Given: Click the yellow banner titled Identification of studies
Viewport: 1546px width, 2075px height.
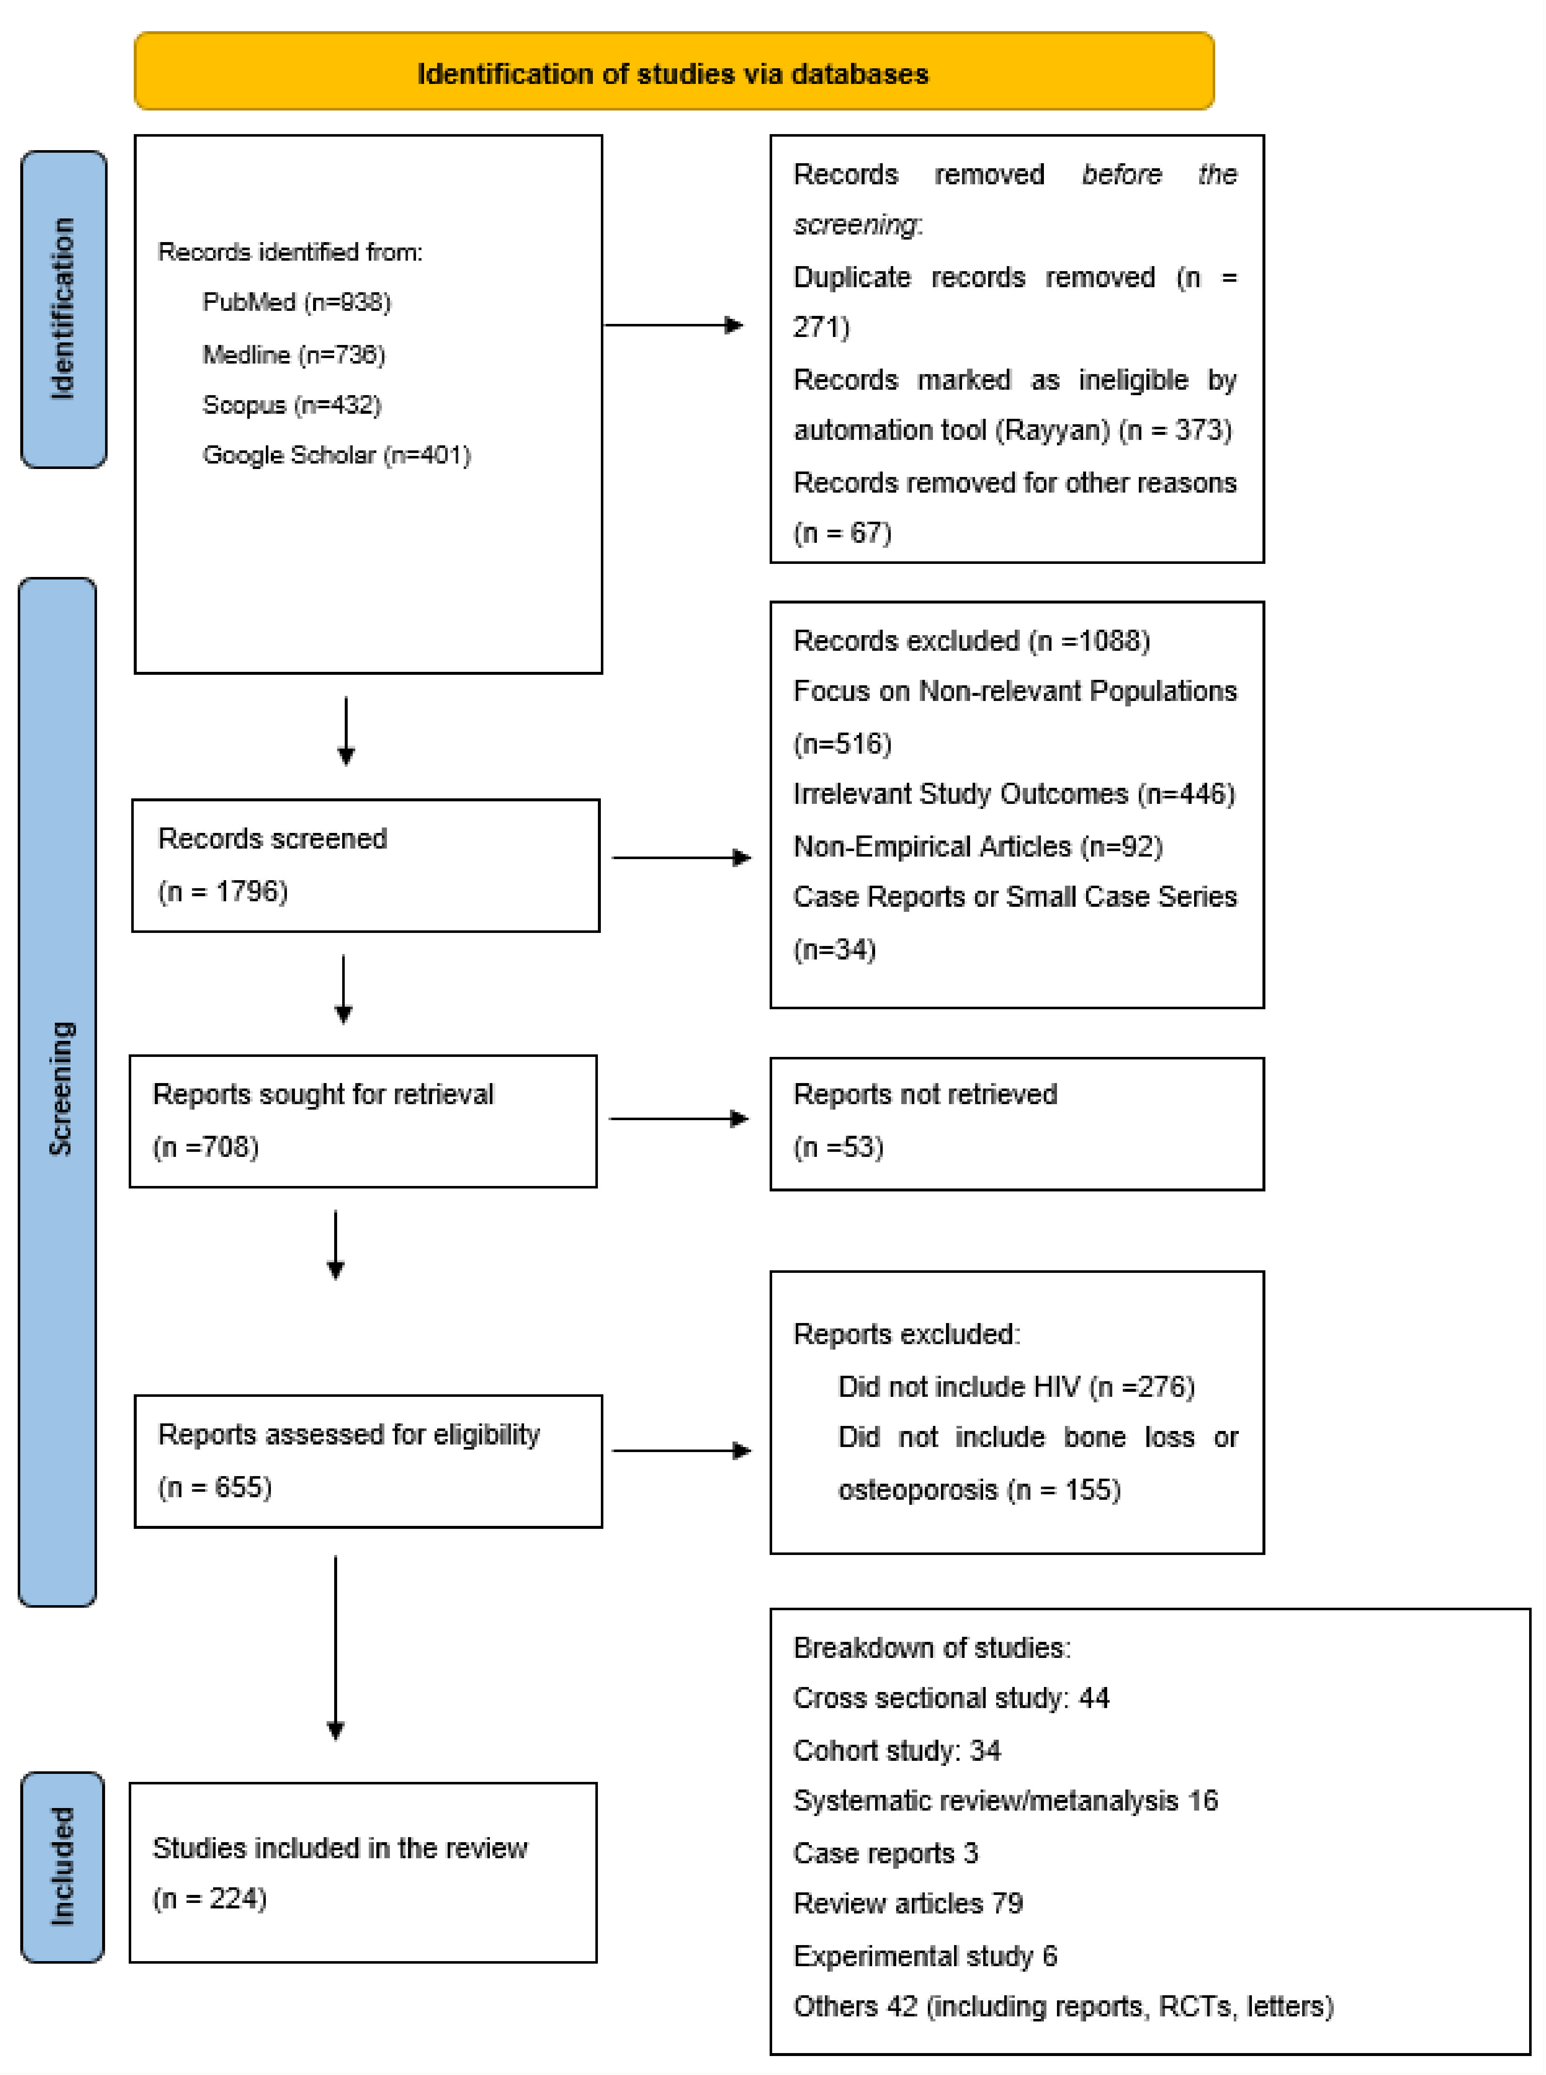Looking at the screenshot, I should (x=674, y=72).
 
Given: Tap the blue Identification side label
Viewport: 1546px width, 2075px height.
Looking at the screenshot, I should (x=63, y=309).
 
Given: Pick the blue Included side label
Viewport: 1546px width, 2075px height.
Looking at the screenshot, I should (x=62, y=1866).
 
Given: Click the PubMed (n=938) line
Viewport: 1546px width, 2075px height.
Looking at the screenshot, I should (x=297, y=302).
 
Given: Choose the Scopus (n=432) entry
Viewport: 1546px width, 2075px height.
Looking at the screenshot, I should (x=292, y=405).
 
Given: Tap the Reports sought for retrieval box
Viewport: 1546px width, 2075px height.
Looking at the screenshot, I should (x=363, y=1121).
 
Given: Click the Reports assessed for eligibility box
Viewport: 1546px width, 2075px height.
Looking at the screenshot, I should (x=368, y=1461).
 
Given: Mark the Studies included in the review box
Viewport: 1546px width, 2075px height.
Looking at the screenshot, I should (x=363, y=1872).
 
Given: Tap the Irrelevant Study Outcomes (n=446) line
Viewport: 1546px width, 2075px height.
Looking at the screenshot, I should (x=1014, y=794).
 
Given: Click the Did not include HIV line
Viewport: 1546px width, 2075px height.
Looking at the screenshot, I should (x=1015, y=1386).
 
